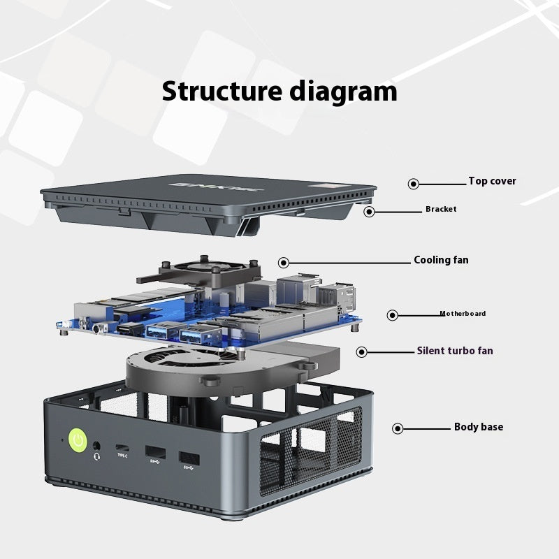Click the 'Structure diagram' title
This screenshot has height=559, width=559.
click(x=279, y=92)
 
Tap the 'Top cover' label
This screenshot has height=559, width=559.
click(x=492, y=182)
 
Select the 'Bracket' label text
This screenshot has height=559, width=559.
click(x=441, y=209)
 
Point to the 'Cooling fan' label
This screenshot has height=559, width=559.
click(x=441, y=261)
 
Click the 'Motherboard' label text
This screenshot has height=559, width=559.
click(x=463, y=314)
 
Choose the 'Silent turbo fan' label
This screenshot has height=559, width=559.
click(x=455, y=351)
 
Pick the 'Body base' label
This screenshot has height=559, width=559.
click(x=478, y=427)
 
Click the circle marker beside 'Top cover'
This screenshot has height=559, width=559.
click(x=414, y=184)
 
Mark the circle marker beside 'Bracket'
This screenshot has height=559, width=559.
click(x=370, y=211)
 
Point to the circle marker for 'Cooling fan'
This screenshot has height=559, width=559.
click(x=284, y=263)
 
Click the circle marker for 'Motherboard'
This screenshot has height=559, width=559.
click(x=393, y=315)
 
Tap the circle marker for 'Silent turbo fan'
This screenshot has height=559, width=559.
click(x=361, y=352)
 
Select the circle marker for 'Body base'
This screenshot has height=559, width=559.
click(x=398, y=428)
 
